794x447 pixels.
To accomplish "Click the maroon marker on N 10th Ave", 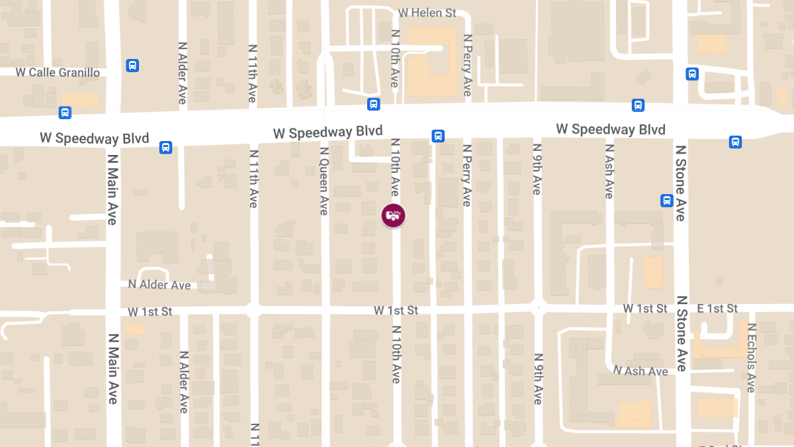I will pos(393,215).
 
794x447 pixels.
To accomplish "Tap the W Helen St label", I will pos(427,13).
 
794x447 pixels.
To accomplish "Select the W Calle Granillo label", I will pos(60,72).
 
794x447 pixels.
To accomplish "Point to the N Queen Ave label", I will pos(324,181).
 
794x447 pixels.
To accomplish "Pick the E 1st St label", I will pos(717,309).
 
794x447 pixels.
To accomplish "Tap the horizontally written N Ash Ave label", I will pos(640,371).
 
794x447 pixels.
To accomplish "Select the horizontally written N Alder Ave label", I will pos(159,285).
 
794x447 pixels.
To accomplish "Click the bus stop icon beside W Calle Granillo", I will pos(132,66).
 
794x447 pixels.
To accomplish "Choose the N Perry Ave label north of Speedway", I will pos(467,66).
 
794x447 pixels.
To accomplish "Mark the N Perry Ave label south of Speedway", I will pos(466,175).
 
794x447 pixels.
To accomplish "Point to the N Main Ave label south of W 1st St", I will pos(112,368).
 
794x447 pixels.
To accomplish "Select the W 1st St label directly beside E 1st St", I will pos(645,309).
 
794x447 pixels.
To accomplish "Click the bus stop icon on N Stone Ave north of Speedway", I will pos(692,74).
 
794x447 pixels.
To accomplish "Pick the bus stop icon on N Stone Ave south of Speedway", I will pos(667,201).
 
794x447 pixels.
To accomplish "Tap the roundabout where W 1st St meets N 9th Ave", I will pos(538,307).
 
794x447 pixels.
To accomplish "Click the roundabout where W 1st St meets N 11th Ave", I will pos(252,309).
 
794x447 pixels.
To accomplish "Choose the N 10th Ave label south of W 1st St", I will pos(396,354).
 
